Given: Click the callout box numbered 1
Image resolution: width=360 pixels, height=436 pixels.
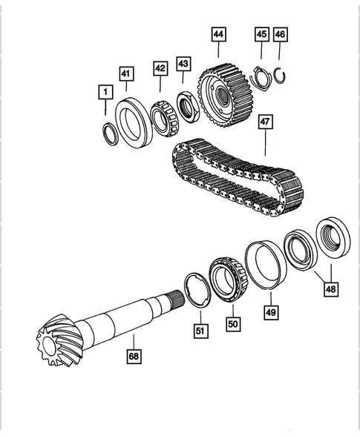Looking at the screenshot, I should pos(106,92).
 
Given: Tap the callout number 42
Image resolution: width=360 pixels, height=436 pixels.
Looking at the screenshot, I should pos(160,67).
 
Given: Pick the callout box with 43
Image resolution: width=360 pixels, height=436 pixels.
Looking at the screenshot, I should pos(183,64).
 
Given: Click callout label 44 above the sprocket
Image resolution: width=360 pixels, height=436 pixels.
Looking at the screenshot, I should pos(219,34).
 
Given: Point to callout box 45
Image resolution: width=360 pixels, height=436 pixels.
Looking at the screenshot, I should pos(261,34).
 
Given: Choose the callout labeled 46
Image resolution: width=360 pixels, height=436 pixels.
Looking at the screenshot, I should pos(280,34).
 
